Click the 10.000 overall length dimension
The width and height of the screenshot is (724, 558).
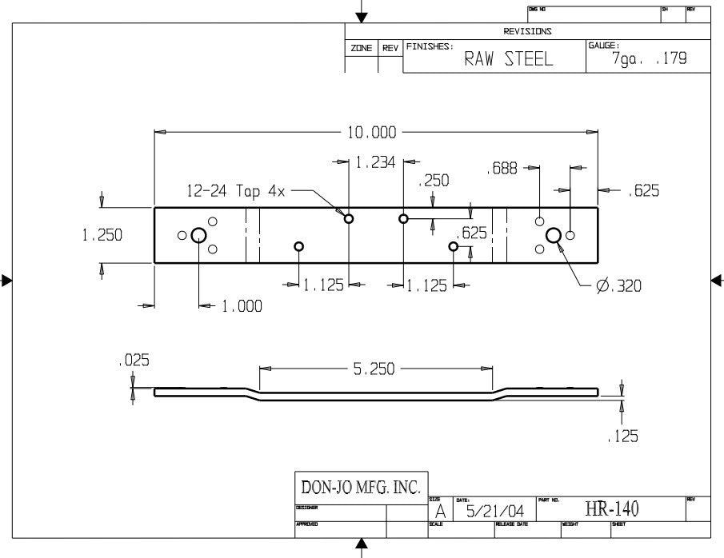click(371, 132)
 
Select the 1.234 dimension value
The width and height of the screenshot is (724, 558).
click(376, 162)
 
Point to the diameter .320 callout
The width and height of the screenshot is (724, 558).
click(618, 285)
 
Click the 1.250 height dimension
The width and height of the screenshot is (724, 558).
click(102, 236)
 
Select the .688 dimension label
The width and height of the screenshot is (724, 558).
click(502, 169)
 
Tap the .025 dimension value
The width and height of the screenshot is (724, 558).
click(133, 361)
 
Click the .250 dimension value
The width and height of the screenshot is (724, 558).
click(434, 181)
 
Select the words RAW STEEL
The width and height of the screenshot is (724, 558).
click(508, 60)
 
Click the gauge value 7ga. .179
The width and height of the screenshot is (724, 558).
click(649, 59)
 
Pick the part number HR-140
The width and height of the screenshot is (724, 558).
click(612, 509)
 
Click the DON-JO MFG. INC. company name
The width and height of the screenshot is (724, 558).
click(361, 487)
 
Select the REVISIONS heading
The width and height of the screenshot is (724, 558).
click(527, 31)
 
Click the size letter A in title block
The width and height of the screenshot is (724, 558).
click(439, 511)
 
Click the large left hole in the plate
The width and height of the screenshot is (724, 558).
click(198, 235)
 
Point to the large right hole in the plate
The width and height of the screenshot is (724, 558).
click(553, 234)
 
